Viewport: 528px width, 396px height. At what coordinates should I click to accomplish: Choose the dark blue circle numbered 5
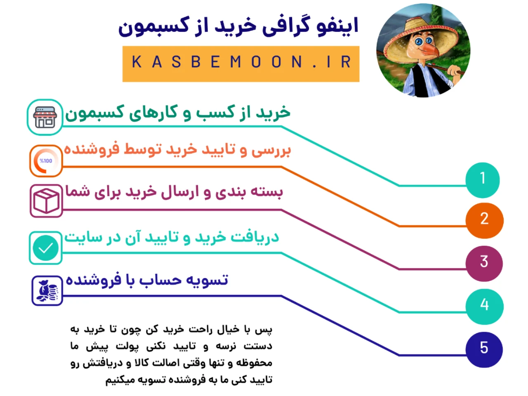[x=484, y=349]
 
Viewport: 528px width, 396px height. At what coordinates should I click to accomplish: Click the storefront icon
[x=45, y=117]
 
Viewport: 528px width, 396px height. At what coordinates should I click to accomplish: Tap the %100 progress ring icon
[x=46, y=160]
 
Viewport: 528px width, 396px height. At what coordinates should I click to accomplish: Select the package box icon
[x=46, y=201]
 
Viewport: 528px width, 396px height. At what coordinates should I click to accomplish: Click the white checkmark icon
[x=46, y=248]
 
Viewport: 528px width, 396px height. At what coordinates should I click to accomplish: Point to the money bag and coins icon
[x=47, y=291]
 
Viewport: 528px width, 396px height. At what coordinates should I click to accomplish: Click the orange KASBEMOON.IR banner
[x=241, y=64]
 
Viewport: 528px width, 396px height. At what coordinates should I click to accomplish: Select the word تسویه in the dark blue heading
[x=207, y=280]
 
